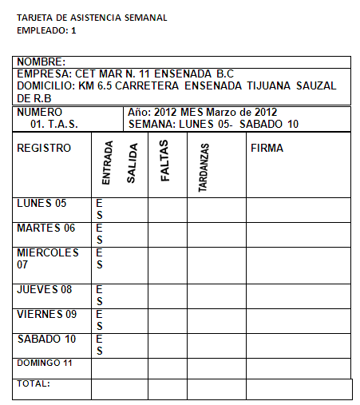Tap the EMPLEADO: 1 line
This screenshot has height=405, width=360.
click(x=46, y=30)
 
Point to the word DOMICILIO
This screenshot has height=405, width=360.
click(x=45, y=85)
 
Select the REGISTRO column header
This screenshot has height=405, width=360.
click(x=44, y=148)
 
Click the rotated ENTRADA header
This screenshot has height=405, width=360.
click(x=107, y=164)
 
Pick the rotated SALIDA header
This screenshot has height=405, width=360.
click(x=133, y=164)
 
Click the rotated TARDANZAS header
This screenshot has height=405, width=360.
click(x=203, y=168)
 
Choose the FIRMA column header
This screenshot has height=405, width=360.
click(x=267, y=148)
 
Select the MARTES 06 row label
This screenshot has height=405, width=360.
click(x=46, y=228)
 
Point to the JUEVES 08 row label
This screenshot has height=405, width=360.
click(x=45, y=289)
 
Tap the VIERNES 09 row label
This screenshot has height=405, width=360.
click(x=46, y=314)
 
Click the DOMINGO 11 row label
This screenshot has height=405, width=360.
click(x=45, y=363)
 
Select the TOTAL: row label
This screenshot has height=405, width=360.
click(x=34, y=383)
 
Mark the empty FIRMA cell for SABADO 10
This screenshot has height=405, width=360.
click(x=298, y=344)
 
